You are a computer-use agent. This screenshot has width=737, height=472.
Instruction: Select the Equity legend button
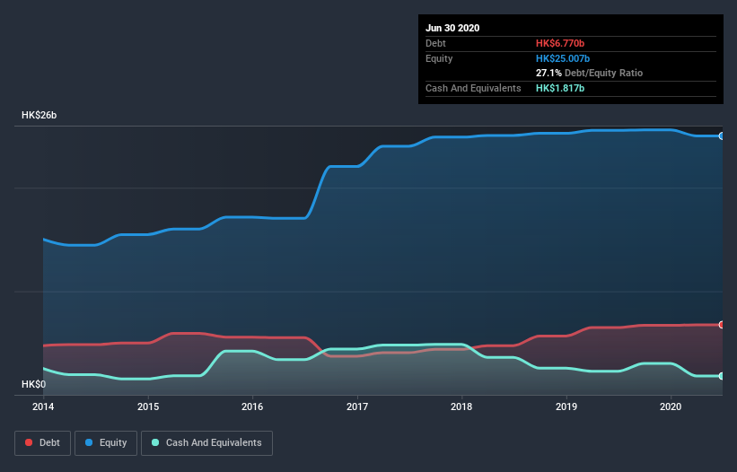click(x=105, y=442)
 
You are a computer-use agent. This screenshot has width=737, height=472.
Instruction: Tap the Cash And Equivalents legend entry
click(x=206, y=442)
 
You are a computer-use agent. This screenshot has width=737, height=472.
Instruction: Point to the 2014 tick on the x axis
click(x=43, y=406)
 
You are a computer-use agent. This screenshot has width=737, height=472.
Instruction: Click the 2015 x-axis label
click(x=148, y=406)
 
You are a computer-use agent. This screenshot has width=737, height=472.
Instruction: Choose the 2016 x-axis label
click(x=252, y=406)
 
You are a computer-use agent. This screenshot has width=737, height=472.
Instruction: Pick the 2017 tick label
click(x=357, y=406)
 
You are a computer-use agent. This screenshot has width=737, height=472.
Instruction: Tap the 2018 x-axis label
click(x=461, y=406)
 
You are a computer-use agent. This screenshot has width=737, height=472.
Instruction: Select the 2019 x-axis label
click(x=566, y=406)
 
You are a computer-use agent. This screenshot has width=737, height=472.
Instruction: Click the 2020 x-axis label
click(x=671, y=406)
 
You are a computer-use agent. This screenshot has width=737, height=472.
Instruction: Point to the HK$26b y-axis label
click(x=41, y=116)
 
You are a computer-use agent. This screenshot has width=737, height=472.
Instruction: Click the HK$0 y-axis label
click(x=33, y=384)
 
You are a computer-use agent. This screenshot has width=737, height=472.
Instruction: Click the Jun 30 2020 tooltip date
click(x=452, y=28)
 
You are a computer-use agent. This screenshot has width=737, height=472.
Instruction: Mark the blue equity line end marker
click(x=721, y=135)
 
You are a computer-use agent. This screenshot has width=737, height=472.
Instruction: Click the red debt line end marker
click(x=721, y=325)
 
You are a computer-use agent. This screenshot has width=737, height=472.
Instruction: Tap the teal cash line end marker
click(x=721, y=376)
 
